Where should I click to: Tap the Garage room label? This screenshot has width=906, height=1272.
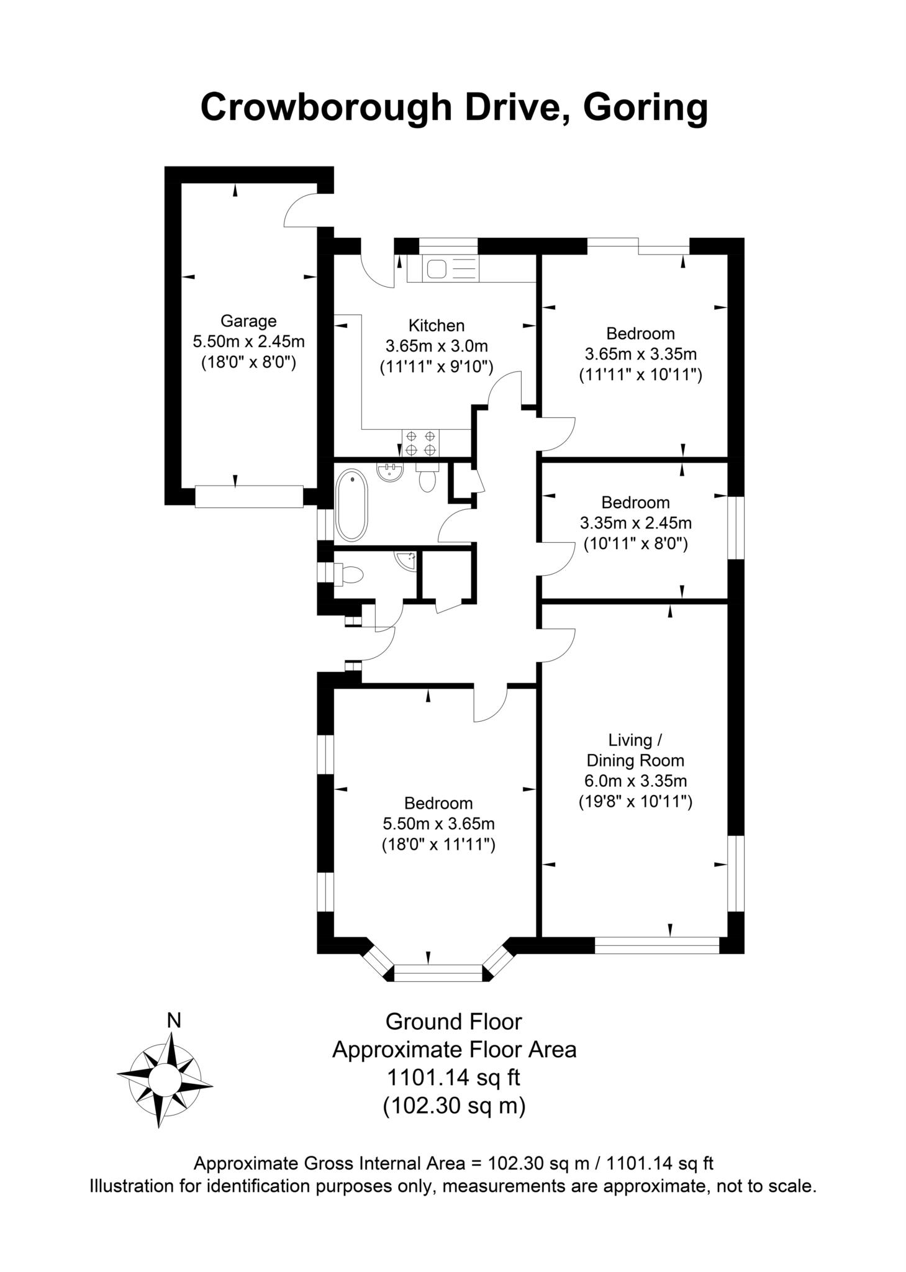248,321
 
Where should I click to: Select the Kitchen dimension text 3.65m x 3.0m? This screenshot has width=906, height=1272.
436,346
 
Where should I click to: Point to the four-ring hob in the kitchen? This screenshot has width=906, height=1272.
420,442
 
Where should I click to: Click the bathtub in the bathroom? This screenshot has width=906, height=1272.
351,504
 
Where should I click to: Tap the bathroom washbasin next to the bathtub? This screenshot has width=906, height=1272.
391,472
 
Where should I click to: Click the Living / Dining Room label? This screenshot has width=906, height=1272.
635,750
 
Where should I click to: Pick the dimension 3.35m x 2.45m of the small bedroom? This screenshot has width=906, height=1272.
635,523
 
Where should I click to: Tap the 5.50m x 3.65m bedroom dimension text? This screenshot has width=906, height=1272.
438,824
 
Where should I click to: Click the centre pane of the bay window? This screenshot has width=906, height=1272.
438,973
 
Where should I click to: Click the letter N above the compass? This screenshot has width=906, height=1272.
174,1020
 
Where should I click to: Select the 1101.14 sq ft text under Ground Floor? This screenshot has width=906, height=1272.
453,1076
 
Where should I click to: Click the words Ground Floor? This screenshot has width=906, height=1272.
453,1022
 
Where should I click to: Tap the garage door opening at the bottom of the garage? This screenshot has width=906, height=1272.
249,496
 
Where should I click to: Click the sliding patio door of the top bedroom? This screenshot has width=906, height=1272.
638,247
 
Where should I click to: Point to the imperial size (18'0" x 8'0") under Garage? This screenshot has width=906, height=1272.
248,362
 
